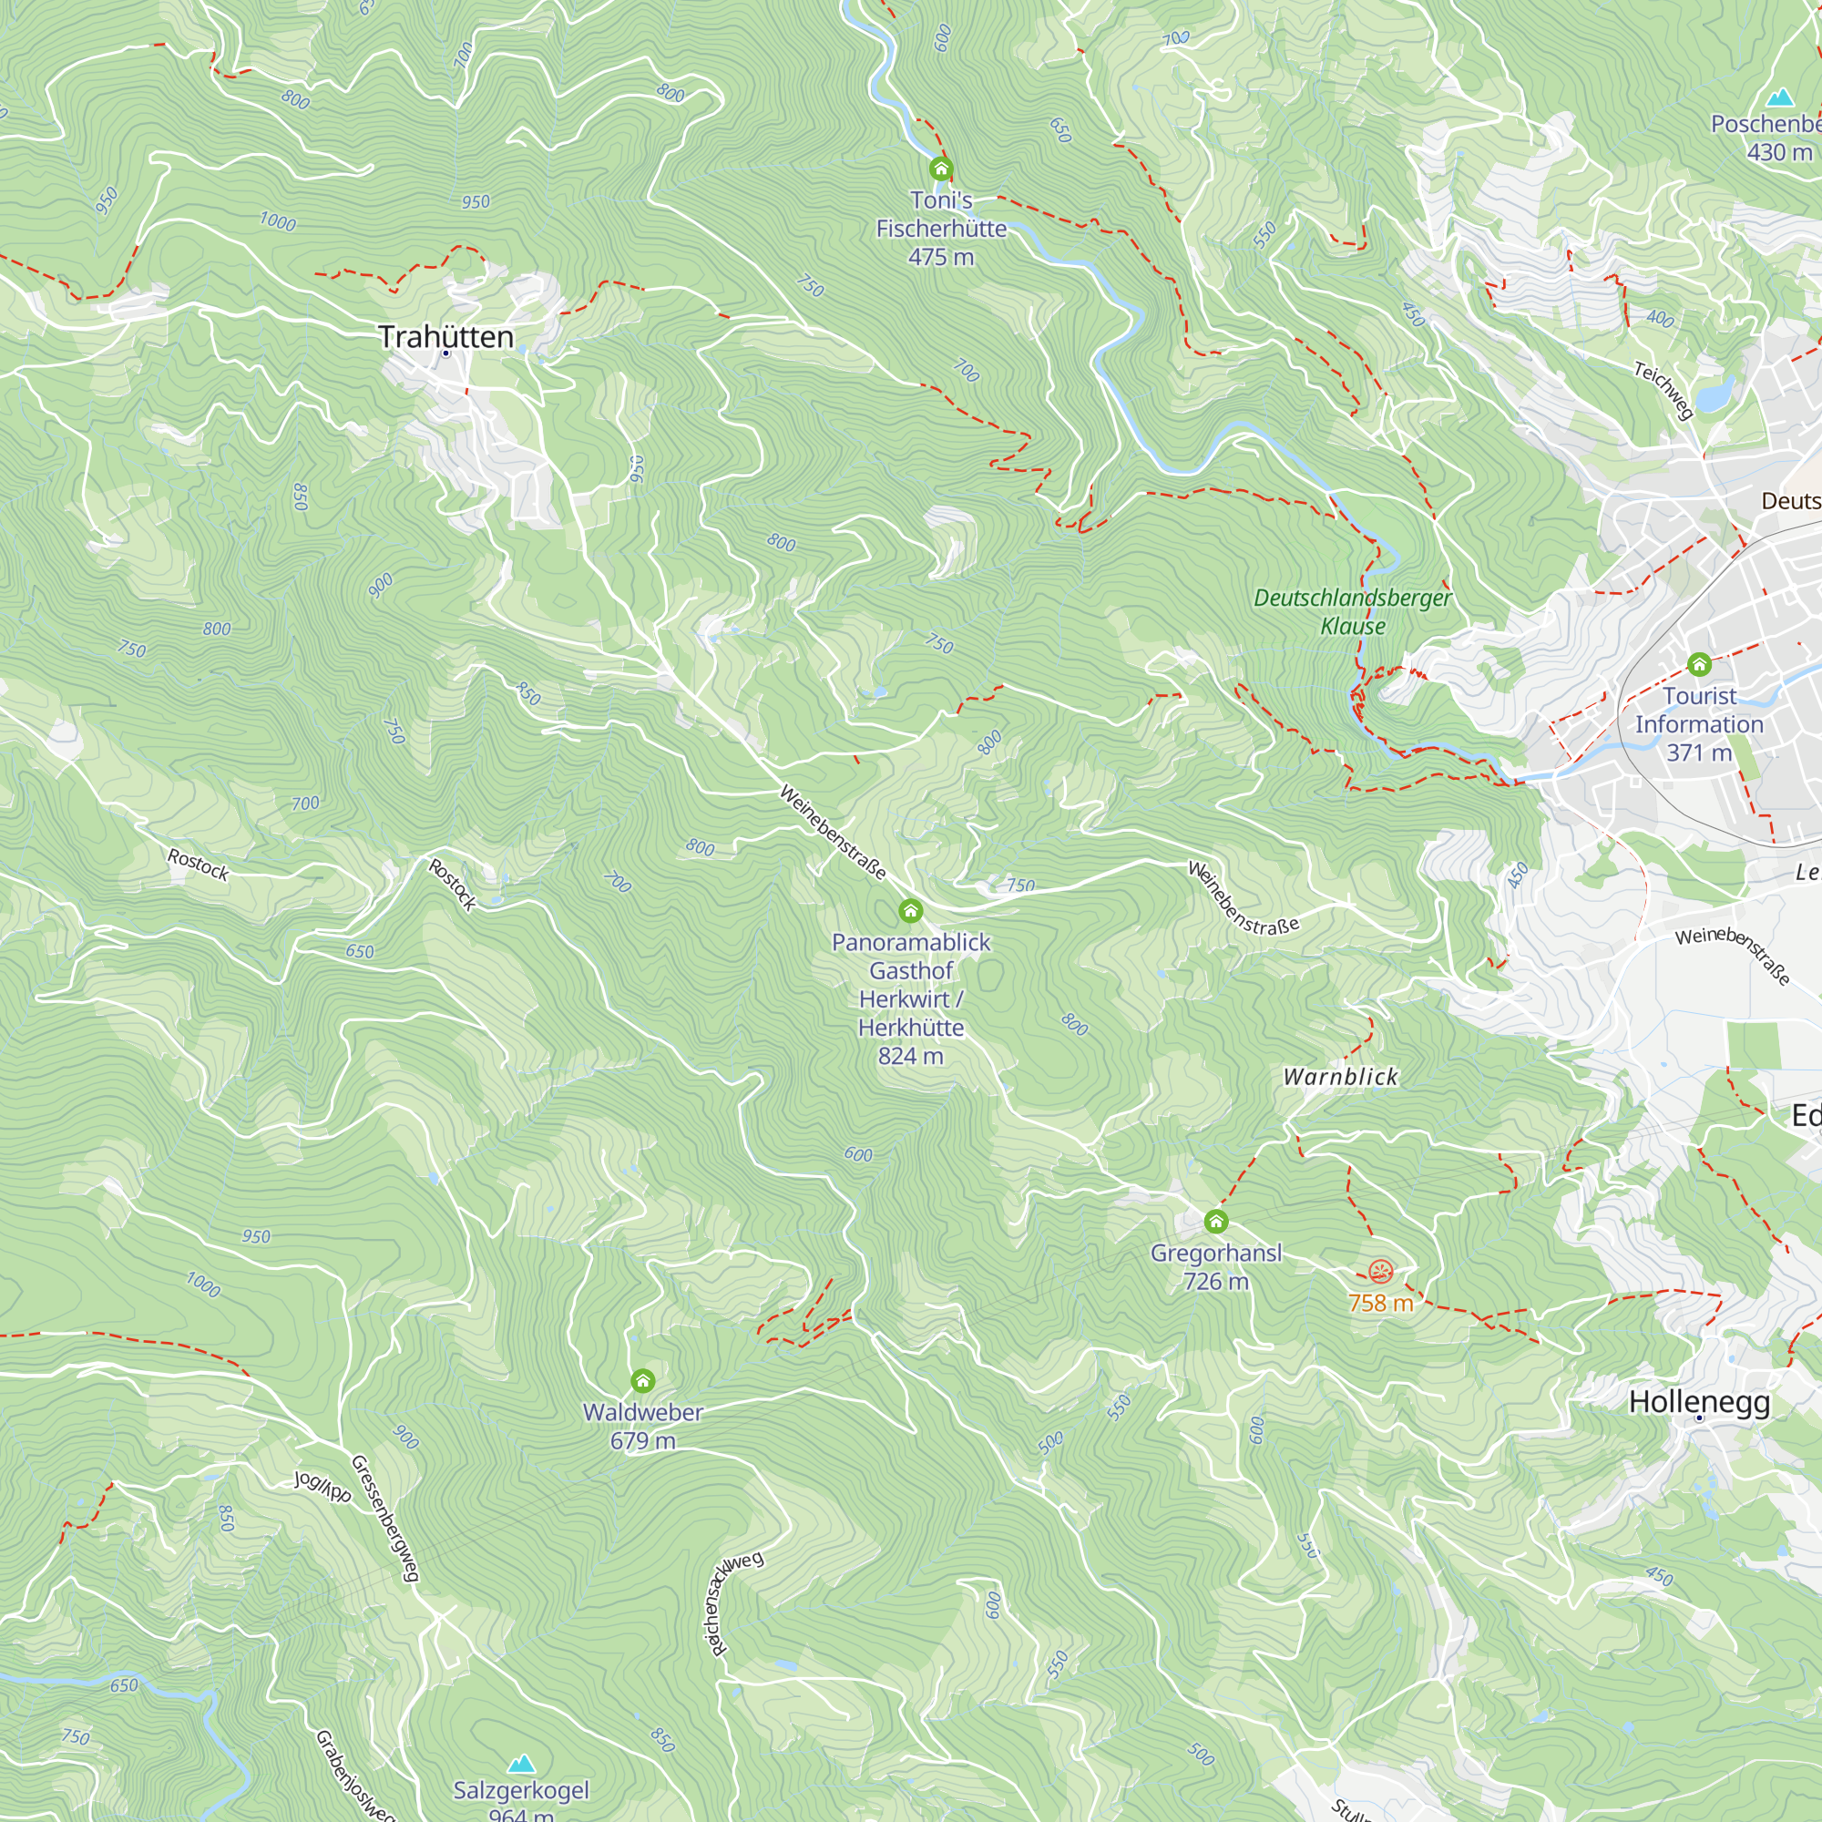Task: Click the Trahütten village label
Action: pyautogui.click(x=446, y=337)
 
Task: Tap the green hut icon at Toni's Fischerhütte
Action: pyautogui.click(x=940, y=169)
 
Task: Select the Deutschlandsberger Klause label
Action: pyautogui.click(x=1352, y=611)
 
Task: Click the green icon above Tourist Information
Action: pyautogui.click(x=1699, y=664)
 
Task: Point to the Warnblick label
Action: pyautogui.click(x=1340, y=1077)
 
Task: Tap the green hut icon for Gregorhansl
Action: pyautogui.click(x=1215, y=1223)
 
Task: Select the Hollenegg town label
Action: pyautogui.click(x=1699, y=1401)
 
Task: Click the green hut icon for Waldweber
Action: pyautogui.click(x=643, y=1381)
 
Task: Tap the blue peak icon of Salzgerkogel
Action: pyautogui.click(x=520, y=1763)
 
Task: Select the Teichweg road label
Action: pyautogui.click(x=1663, y=390)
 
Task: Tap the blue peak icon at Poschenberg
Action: pyautogui.click(x=1779, y=97)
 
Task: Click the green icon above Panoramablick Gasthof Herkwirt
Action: pyautogui.click(x=910, y=910)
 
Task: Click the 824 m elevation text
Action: pyautogui.click(x=910, y=1056)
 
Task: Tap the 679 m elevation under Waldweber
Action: pyautogui.click(x=643, y=1441)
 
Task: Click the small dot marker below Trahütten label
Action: pyautogui.click(x=446, y=353)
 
